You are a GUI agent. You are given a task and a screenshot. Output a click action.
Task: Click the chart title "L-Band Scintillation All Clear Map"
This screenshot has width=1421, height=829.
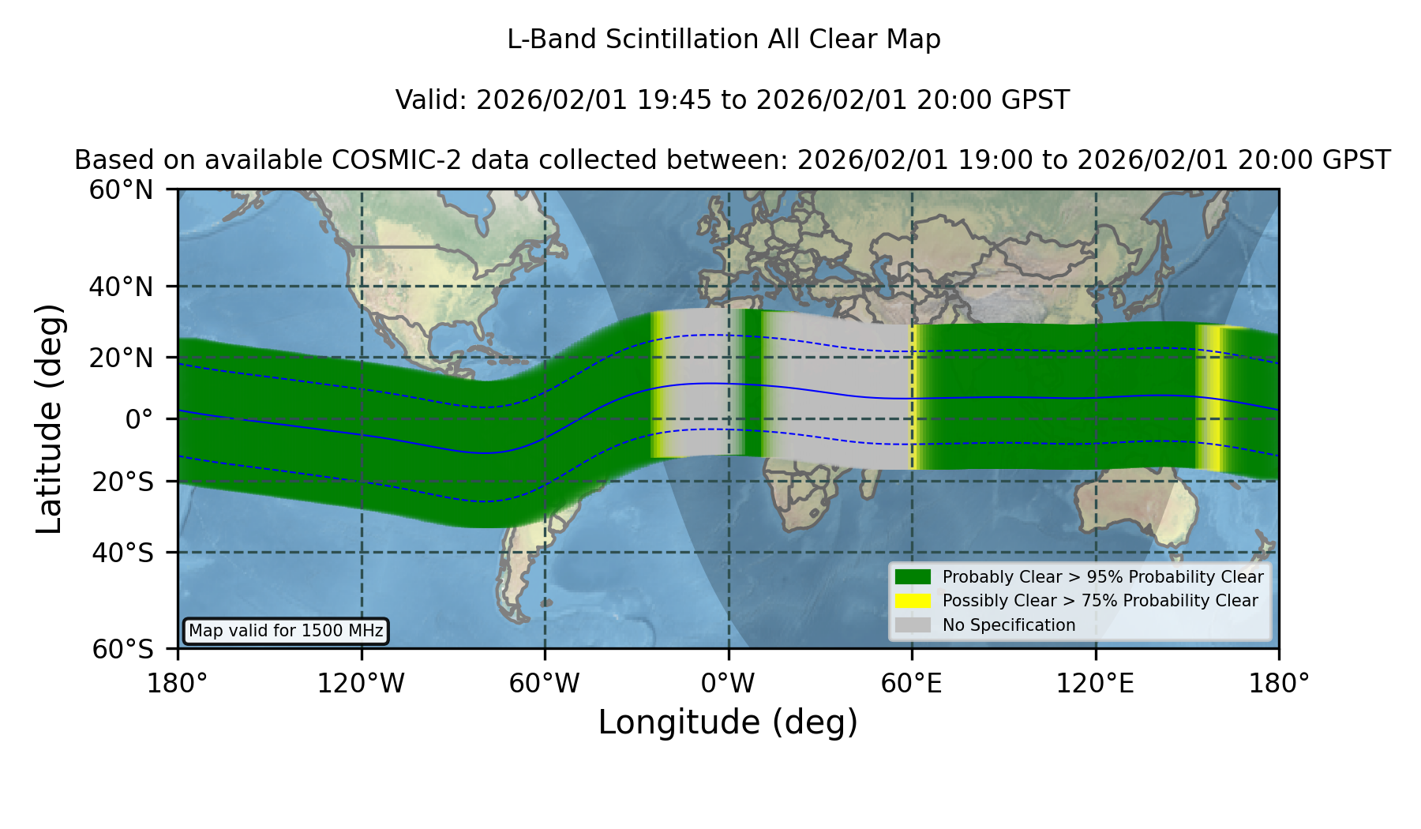point(723,39)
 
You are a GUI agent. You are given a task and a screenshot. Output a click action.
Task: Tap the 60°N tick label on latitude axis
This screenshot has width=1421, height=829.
point(121,190)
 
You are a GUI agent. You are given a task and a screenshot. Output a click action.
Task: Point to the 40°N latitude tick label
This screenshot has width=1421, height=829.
point(121,287)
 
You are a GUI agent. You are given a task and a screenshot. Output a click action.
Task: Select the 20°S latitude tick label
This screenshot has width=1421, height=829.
point(122,482)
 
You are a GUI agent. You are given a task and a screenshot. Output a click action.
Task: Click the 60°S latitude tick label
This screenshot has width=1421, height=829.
point(122,649)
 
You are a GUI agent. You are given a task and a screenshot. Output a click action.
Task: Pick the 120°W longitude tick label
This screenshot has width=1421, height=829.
point(361,683)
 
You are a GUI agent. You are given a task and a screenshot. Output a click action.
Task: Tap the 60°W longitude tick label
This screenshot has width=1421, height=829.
point(545,683)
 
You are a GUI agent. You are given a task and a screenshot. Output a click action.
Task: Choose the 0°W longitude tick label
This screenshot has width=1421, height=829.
point(728,683)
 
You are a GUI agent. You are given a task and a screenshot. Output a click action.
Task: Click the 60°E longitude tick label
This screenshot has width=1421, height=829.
point(912,683)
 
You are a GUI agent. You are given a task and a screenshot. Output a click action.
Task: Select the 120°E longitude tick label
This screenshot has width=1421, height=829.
point(1095,683)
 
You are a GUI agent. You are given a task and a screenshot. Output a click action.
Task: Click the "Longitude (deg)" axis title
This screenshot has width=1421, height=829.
point(728,722)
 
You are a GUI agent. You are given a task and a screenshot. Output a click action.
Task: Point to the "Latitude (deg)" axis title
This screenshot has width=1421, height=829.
point(49,418)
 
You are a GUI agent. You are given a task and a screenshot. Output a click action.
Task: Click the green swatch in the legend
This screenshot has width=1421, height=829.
point(913,577)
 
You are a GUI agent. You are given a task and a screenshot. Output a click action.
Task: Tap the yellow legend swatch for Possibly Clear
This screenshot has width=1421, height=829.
point(913,601)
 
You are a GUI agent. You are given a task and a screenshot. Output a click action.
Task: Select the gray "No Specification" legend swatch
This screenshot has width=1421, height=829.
point(913,625)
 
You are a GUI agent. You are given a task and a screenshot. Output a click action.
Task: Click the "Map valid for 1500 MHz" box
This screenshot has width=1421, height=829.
point(286,631)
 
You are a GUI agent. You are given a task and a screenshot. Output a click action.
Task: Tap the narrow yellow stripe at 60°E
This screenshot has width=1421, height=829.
point(913,397)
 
